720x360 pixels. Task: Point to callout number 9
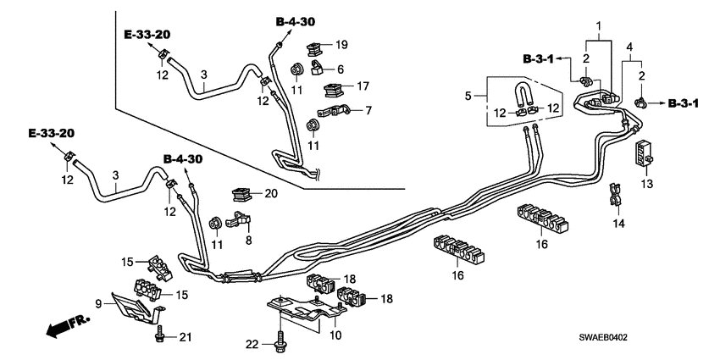click(98, 302)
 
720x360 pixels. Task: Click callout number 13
click(648, 185)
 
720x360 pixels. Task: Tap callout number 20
click(271, 193)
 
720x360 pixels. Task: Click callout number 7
click(369, 110)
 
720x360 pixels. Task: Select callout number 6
click(340, 69)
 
